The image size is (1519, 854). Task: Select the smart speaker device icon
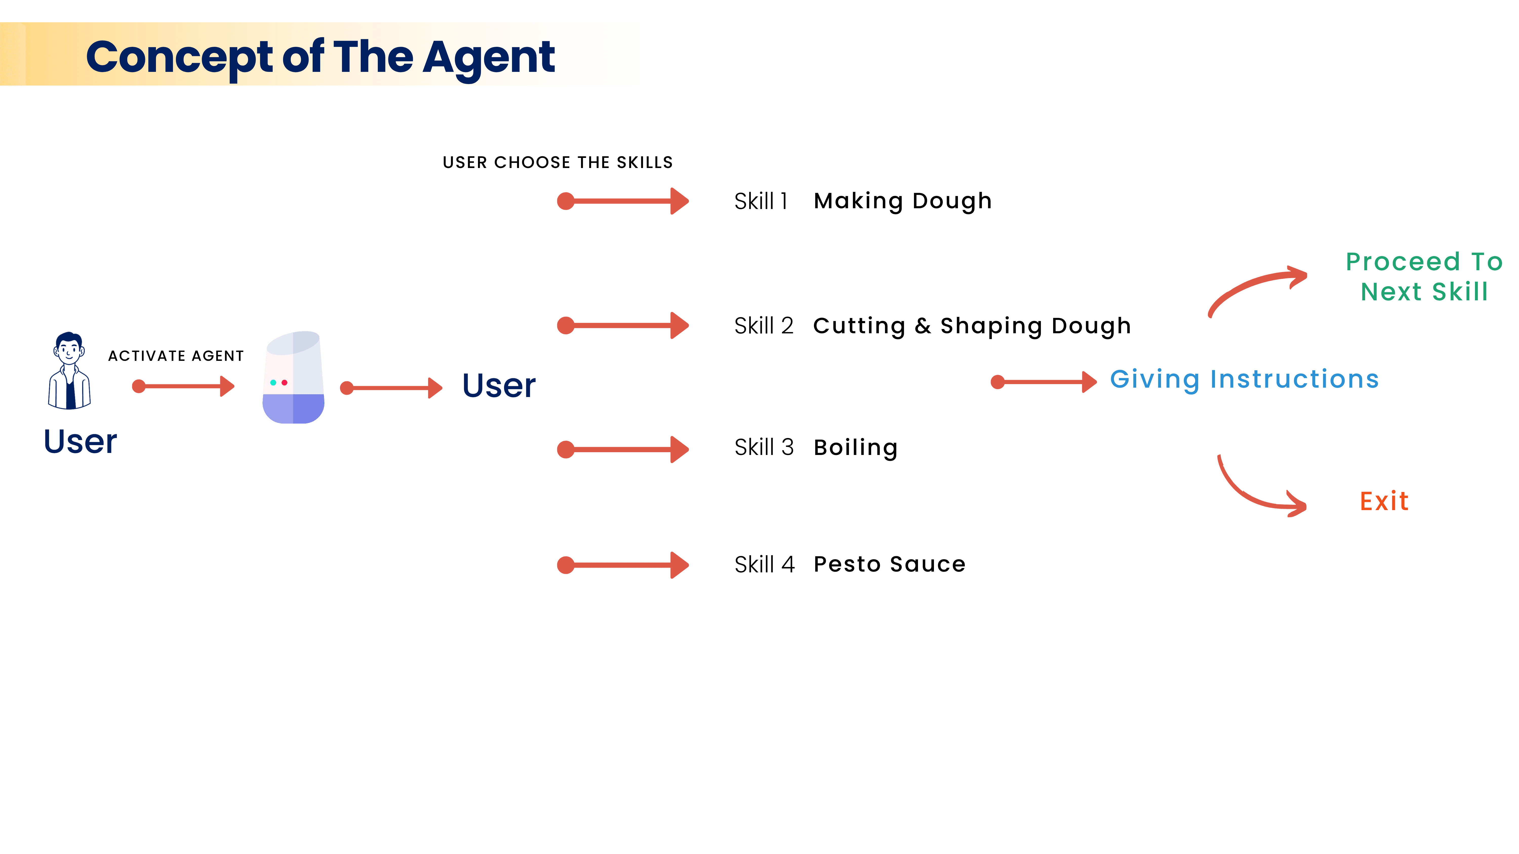click(x=293, y=377)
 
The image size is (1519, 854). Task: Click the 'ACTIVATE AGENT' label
click(x=176, y=356)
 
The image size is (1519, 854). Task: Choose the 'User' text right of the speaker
click(x=499, y=386)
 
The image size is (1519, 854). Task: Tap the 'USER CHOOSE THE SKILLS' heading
click(x=557, y=163)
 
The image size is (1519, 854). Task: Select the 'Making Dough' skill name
click(x=902, y=201)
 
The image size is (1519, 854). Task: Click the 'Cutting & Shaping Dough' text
click(x=972, y=326)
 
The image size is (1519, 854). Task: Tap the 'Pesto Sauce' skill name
click(x=889, y=565)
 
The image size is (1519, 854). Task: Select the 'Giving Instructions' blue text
click(x=1244, y=380)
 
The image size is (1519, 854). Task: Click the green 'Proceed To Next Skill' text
click(x=1424, y=276)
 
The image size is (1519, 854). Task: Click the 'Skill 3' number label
click(x=764, y=447)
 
